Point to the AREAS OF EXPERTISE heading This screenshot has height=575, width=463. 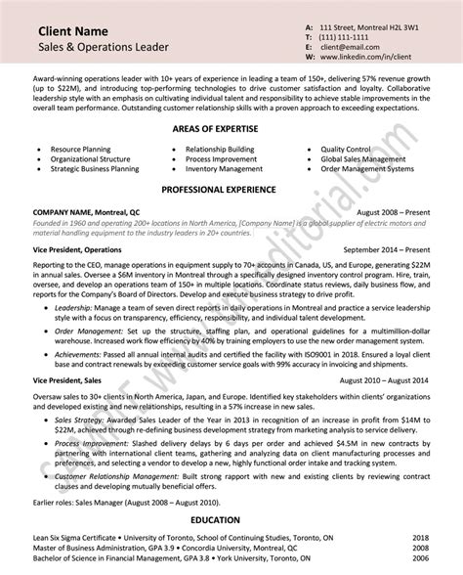(x=231, y=129)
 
